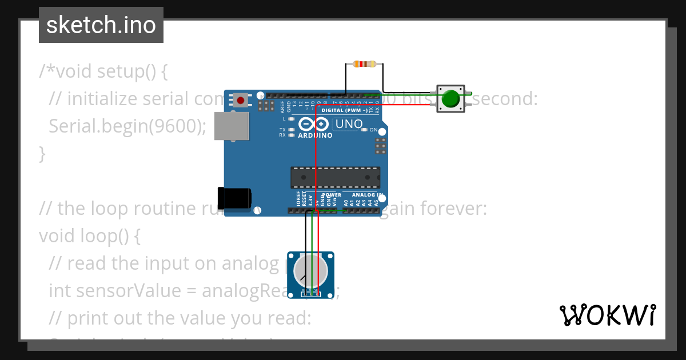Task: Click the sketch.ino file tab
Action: point(101,25)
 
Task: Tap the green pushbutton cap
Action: point(451,98)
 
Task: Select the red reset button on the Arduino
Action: point(241,101)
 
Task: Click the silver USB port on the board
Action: point(232,126)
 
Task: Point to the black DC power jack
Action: point(234,198)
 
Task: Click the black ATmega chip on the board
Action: point(335,177)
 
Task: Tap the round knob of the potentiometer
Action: point(310,271)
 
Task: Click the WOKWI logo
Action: point(607,315)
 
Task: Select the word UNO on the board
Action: point(349,123)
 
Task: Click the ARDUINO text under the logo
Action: point(315,135)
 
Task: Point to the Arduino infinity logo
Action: point(314,123)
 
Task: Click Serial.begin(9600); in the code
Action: point(127,126)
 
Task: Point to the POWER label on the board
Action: point(332,195)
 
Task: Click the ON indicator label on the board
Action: point(374,130)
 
